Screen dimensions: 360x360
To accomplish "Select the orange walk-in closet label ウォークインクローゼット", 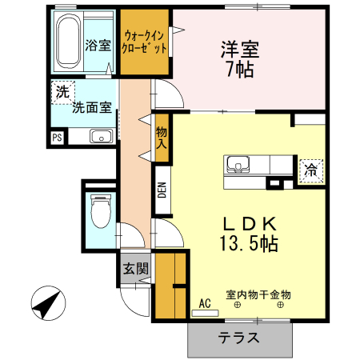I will click(145, 42).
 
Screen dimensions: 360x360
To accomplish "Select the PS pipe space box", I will click(57, 137).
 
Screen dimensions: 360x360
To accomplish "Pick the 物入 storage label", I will click(162, 138).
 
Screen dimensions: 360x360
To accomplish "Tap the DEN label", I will click(162, 190).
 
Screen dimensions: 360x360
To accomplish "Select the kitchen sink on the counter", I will click(238, 165).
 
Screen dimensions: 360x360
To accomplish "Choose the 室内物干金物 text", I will click(258, 294).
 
